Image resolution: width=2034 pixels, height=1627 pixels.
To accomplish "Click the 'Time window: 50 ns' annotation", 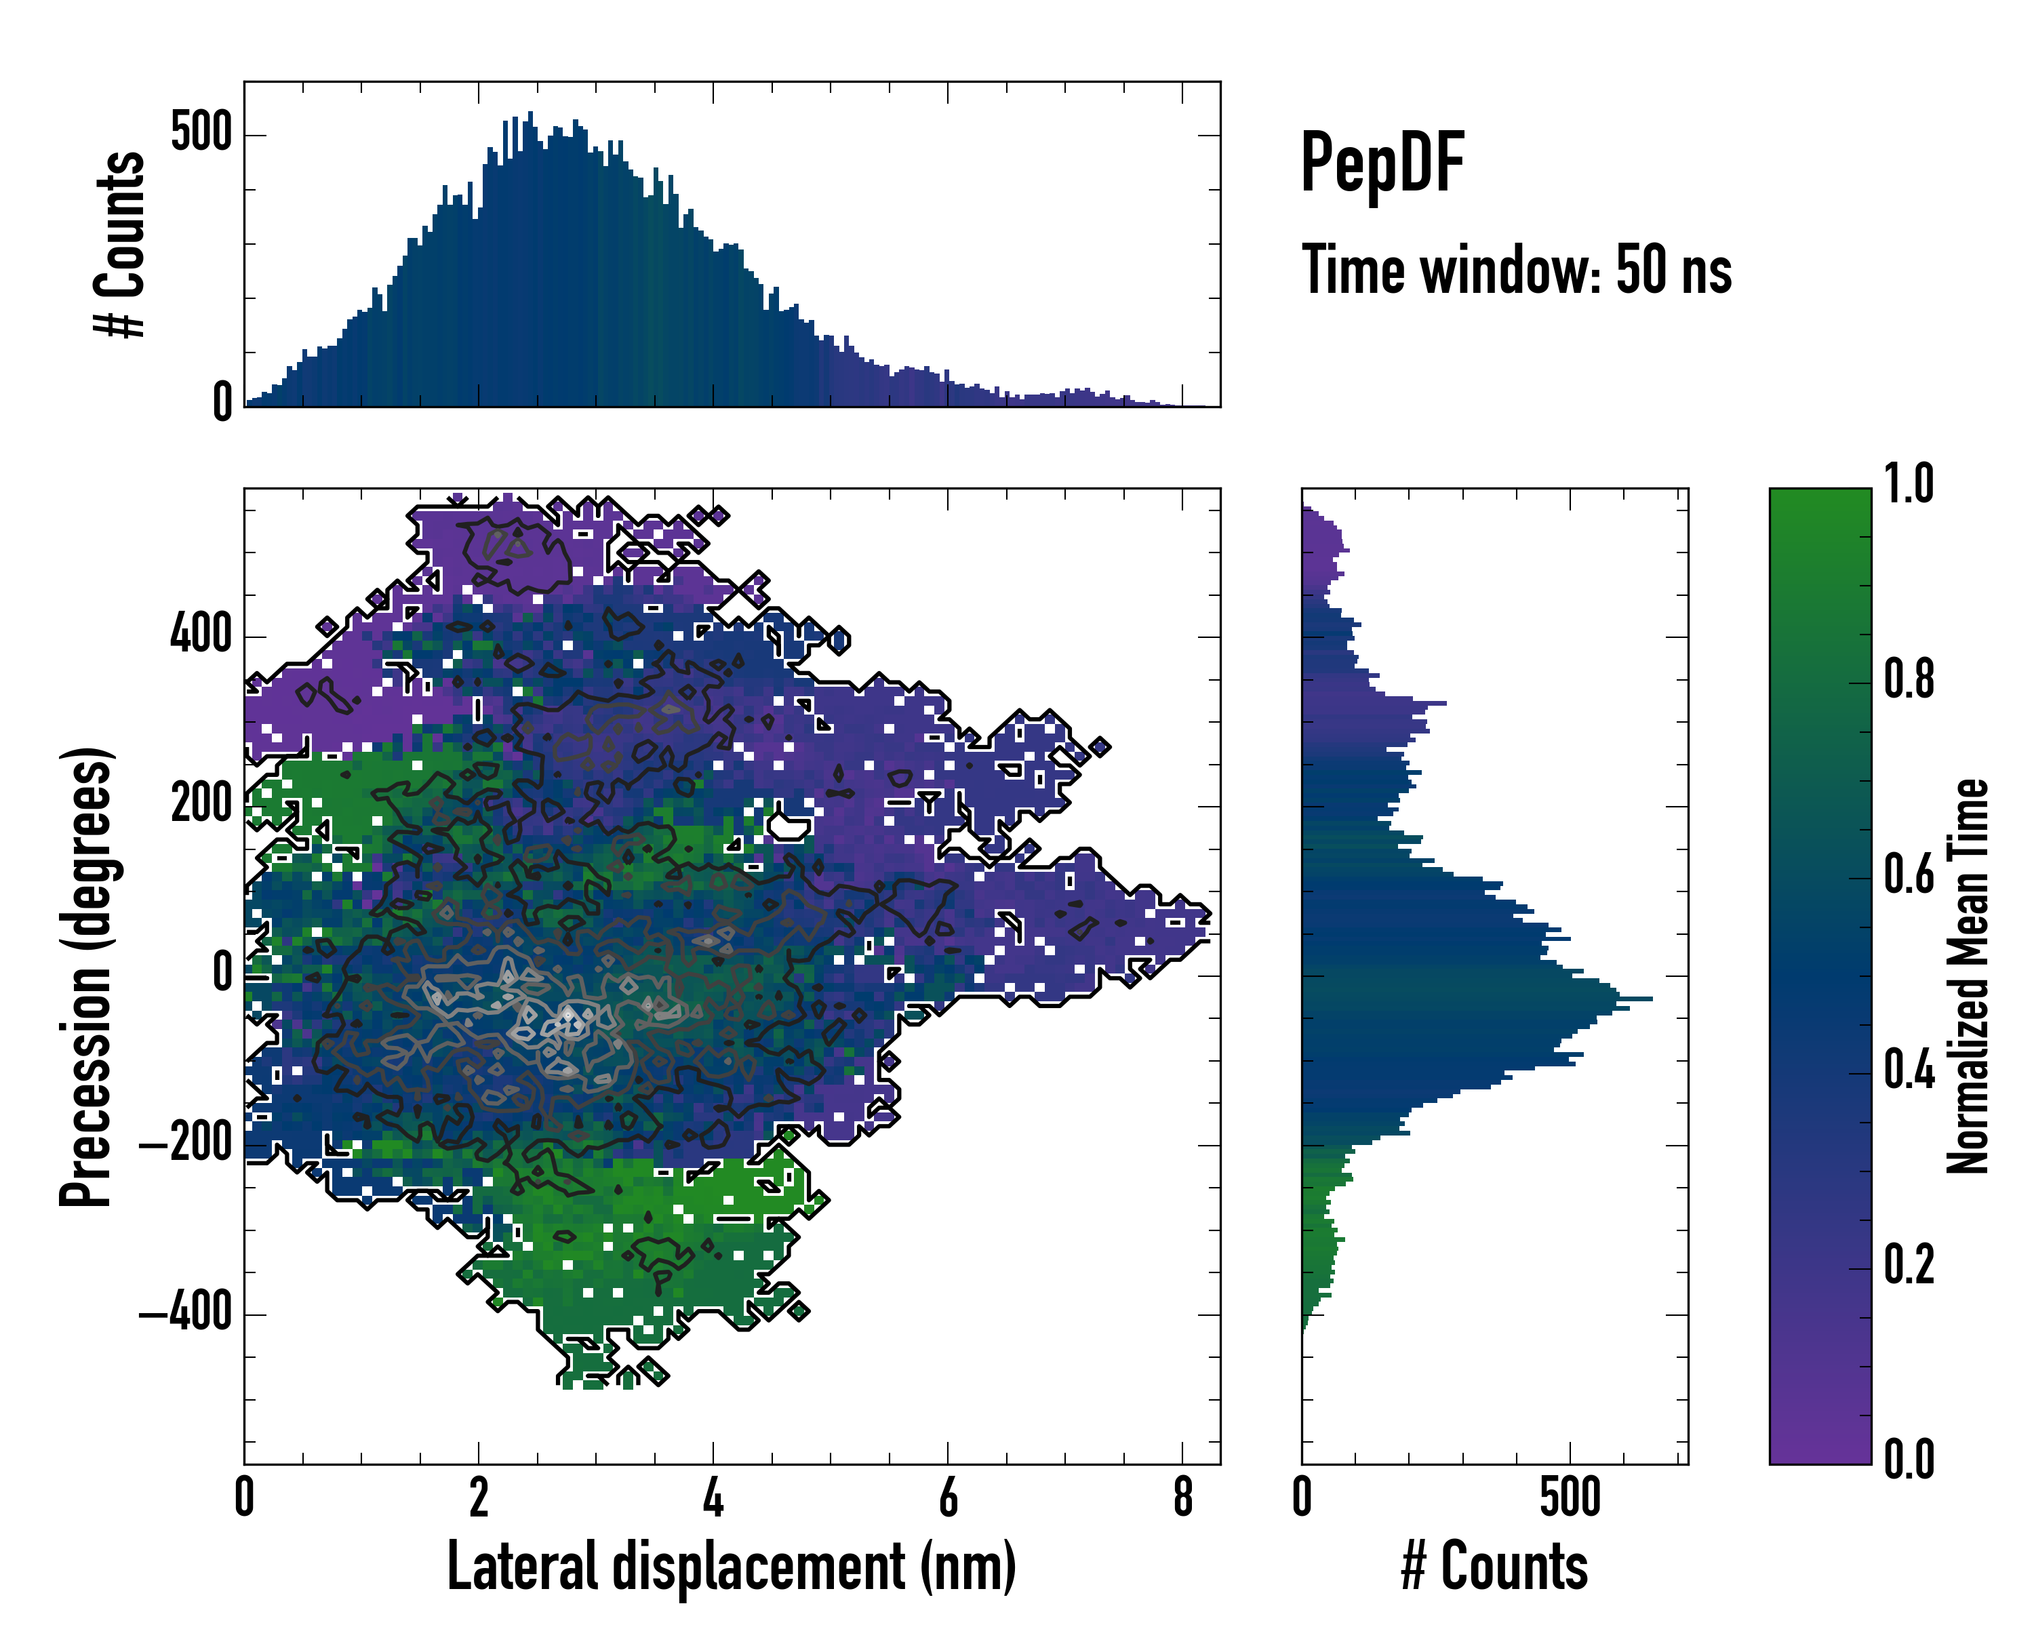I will pos(1516,270).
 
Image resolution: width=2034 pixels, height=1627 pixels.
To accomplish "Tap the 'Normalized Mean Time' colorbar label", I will pos(1968,976).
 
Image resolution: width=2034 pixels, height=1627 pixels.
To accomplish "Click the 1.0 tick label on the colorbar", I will pos(1909,484).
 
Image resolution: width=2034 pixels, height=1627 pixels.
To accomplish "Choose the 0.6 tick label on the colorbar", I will pos(1909,875).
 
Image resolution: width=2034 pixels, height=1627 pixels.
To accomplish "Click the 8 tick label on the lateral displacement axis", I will pos(1183,1497).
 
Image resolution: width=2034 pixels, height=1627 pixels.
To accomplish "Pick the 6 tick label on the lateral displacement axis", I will pos(948,1497).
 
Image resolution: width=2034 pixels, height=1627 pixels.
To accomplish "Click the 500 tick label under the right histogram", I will pos(1570,1497).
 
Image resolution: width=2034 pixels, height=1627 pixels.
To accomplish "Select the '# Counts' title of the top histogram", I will pos(121,243).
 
